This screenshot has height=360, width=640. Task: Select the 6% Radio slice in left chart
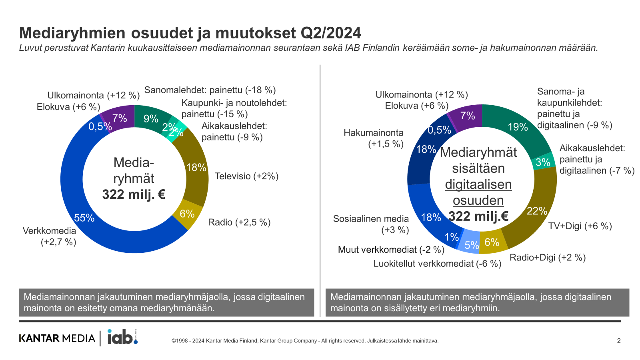(187, 214)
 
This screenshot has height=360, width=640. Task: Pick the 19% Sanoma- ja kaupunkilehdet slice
(517, 127)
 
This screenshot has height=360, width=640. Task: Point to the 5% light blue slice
(471, 244)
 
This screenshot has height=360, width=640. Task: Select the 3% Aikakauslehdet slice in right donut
(543, 162)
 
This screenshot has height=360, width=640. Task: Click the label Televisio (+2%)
(246, 176)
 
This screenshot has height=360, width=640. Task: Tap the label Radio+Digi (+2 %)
(547, 258)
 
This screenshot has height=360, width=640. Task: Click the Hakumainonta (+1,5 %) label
(374, 138)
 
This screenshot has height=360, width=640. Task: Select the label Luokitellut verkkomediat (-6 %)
(437, 264)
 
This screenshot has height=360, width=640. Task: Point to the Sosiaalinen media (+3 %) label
(371, 224)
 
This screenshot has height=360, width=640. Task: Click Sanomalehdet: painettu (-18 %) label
(210, 90)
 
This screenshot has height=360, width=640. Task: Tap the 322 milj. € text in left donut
(134, 195)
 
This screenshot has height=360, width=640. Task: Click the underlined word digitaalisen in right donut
(478, 184)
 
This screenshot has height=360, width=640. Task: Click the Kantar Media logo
(57, 338)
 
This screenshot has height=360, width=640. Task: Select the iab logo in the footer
(122, 337)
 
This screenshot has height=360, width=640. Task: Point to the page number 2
(618, 341)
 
